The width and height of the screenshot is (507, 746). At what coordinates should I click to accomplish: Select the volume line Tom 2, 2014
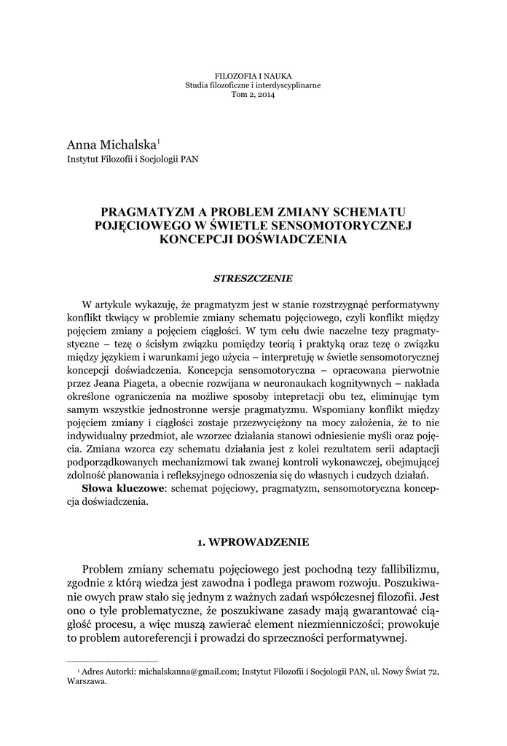(x=253, y=95)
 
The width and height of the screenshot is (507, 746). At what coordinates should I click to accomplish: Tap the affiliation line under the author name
(x=133, y=159)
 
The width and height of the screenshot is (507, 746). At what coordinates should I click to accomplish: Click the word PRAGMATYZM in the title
(x=151, y=212)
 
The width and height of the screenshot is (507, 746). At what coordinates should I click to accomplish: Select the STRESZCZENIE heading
(x=253, y=278)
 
